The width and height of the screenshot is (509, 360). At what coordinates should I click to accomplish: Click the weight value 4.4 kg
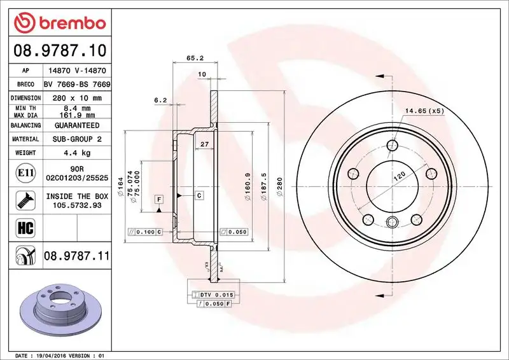76,153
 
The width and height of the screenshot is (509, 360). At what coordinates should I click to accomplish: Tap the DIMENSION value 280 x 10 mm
76,98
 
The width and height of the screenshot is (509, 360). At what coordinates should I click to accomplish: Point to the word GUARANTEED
76,126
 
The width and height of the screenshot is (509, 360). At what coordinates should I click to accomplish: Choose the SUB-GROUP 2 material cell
76,139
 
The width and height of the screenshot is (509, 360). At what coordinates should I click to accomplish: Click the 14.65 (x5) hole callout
424,111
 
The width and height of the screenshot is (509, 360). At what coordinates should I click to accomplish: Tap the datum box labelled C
199,195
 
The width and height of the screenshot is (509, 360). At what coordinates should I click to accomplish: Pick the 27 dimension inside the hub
205,145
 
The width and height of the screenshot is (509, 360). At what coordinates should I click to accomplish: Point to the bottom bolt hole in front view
392,221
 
